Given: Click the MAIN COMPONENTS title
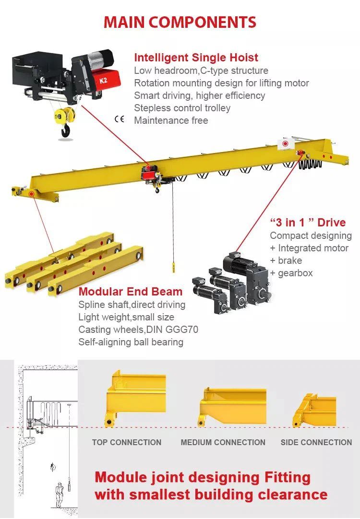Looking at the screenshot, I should pyautogui.click(x=180, y=22).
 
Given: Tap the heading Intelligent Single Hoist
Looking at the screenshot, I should pyautogui.click(x=196, y=58).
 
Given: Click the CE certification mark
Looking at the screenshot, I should pyautogui.click(x=119, y=119).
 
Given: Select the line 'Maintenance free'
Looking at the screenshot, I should pyautogui.click(x=171, y=120).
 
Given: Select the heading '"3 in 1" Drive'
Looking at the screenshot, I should pyautogui.click(x=308, y=223).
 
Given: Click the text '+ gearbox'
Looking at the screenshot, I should pyautogui.click(x=291, y=273).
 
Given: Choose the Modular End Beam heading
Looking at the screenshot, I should pyautogui.click(x=131, y=292).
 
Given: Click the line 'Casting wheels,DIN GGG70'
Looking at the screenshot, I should pyautogui.click(x=138, y=330).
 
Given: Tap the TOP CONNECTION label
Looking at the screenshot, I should pyautogui.click(x=127, y=442).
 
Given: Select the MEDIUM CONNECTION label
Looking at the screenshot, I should pyautogui.click(x=223, y=442).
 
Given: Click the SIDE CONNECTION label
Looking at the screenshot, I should pyautogui.click(x=316, y=442).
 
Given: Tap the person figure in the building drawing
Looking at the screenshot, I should pyautogui.click(x=60, y=494).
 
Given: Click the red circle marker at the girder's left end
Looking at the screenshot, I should pyautogui.click(x=31, y=194).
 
